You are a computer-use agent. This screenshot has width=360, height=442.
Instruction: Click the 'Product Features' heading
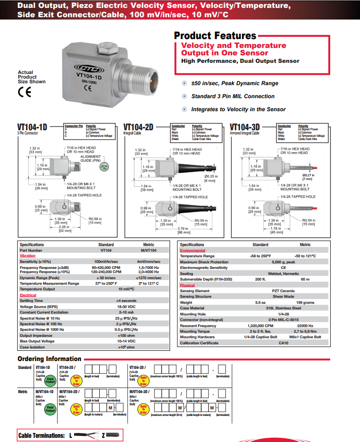click(x=215, y=36)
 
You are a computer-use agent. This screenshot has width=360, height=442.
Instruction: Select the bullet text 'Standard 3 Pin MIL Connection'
click(x=233, y=96)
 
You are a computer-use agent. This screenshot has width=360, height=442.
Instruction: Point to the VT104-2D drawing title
click(x=138, y=127)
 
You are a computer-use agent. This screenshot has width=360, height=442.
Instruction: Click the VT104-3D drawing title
click(x=245, y=127)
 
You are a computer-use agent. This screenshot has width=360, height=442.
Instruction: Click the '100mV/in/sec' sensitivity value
click(x=106, y=262)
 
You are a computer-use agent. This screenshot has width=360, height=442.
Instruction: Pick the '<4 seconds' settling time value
click(x=126, y=301)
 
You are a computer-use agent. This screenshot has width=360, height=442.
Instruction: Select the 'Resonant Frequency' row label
click(x=198, y=326)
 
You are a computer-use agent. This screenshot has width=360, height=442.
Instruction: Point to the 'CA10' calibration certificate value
click(x=285, y=343)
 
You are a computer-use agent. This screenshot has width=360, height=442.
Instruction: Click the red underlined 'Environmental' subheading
click(x=192, y=250)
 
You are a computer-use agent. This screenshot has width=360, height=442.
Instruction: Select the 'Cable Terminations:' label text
click(x=41, y=435)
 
